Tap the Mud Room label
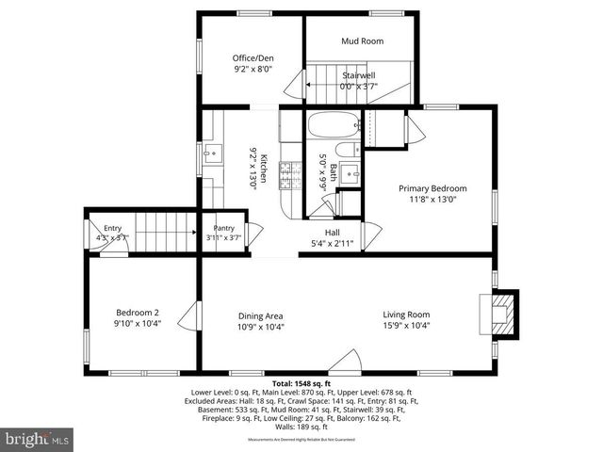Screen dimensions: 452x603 tap(362, 41)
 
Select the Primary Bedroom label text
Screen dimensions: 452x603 tap(432, 188)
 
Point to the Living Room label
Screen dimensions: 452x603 tap(406, 315)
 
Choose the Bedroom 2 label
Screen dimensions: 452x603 tap(138, 313)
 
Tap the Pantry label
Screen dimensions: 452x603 tap(223, 228)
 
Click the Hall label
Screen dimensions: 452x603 tap(333, 233)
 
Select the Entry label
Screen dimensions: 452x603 tap(112, 228)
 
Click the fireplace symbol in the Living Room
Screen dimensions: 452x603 tap(498, 313)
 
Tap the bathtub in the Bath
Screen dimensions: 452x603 tap(334, 123)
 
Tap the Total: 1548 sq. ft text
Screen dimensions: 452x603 tap(301, 384)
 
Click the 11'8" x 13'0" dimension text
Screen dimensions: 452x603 tap(432, 199)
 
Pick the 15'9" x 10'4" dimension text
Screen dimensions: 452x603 tap(406, 326)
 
